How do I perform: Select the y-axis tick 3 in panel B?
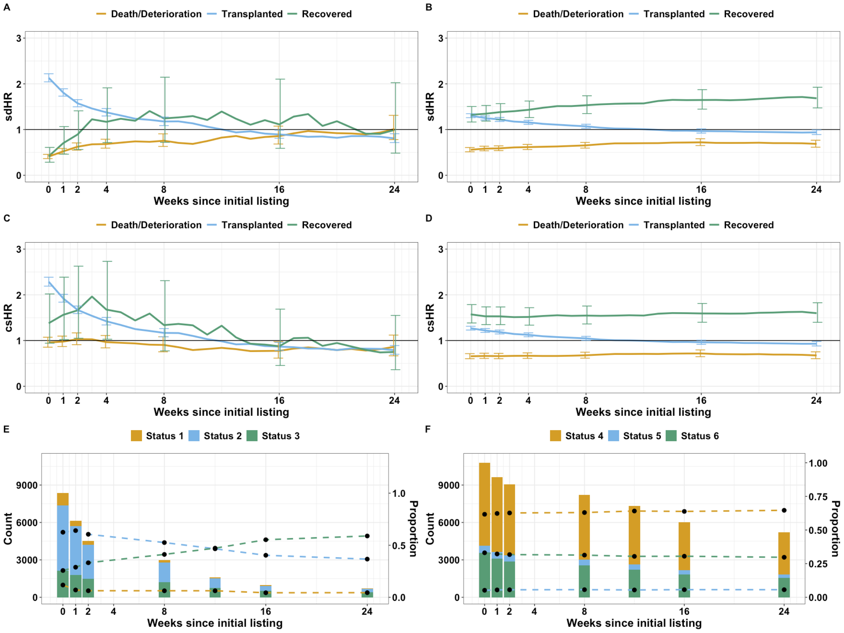[x=441, y=38]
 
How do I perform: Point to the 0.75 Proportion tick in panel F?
[x=818, y=497]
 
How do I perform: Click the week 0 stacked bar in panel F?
[x=485, y=530]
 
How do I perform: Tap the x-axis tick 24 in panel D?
[x=816, y=401]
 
